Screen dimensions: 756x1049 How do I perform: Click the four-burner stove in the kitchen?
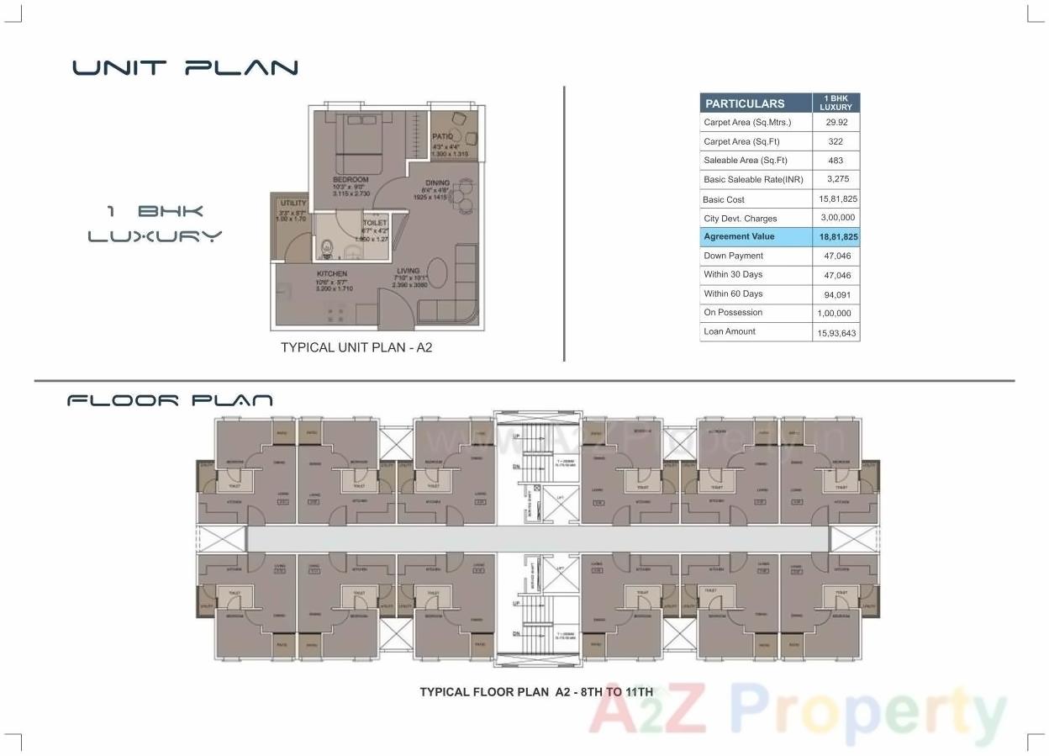coord(335,315)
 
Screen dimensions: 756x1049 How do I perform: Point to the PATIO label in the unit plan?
coord(443,136)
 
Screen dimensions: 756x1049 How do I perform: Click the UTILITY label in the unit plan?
coord(293,204)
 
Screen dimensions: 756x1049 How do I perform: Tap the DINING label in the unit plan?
coord(437,182)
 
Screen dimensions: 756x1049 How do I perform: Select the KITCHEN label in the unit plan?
coord(331,274)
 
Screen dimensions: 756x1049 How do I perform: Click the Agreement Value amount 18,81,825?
coord(836,237)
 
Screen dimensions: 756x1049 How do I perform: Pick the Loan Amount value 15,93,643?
coord(836,332)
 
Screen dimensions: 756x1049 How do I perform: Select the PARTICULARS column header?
coord(745,103)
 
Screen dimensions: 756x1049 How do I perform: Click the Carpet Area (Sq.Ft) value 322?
coord(836,141)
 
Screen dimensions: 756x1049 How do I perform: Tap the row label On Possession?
coord(733,312)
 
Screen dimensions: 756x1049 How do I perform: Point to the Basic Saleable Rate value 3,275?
coord(836,179)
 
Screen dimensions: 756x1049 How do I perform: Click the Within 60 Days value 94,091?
coord(836,294)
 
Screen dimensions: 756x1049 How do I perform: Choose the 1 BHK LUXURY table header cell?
coord(836,103)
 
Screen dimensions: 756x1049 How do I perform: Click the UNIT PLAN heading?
coord(185,67)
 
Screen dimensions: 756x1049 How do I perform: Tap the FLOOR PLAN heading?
coord(170,400)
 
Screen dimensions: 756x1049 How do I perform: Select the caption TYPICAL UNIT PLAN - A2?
coord(356,347)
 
